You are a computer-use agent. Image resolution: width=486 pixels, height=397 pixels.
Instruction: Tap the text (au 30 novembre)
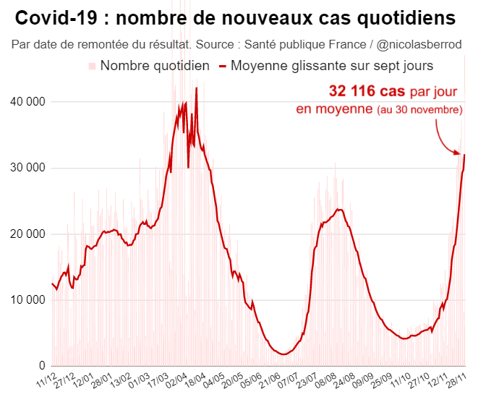419,110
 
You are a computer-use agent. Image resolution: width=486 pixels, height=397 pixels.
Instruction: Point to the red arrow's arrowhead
458,152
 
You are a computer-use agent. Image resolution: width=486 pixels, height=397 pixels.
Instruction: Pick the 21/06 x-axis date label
270,380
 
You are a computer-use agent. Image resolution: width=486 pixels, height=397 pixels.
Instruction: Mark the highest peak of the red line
197,88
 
